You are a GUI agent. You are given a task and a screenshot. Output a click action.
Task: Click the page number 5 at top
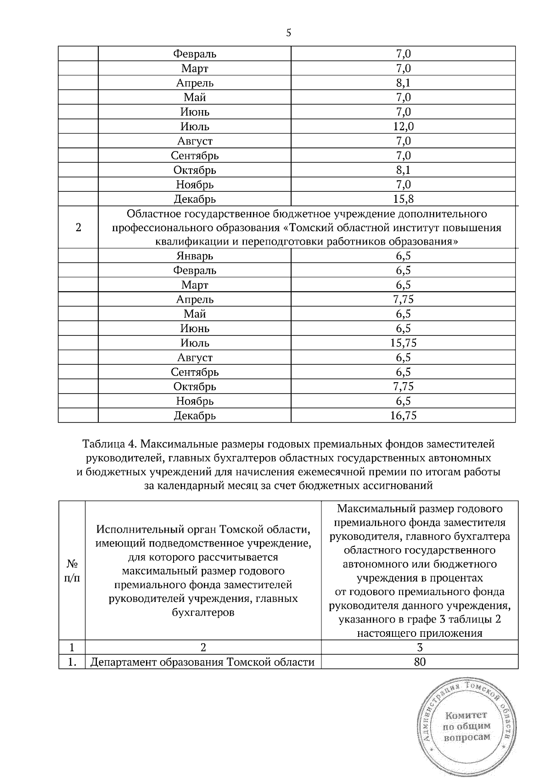click(x=288, y=33)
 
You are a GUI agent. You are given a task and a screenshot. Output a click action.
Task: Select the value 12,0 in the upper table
click(x=403, y=127)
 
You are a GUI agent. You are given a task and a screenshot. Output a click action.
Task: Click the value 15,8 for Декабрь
click(x=403, y=199)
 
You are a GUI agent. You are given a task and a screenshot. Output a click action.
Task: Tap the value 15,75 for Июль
click(x=403, y=343)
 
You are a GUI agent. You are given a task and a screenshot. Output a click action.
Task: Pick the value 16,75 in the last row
click(x=403, y=416)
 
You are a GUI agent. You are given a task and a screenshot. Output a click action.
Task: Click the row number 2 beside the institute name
click(x=78, y=228)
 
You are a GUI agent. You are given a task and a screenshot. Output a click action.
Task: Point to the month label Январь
click(x=195, y=256)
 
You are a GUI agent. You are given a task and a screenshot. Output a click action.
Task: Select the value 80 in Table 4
click(x=419, y=662)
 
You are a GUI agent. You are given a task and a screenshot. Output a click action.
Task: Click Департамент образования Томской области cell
click(x=202, y=662)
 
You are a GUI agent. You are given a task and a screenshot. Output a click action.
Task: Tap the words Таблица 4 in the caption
click(x=108, y=444)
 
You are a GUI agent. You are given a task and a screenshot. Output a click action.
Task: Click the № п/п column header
click(x=72, y=570)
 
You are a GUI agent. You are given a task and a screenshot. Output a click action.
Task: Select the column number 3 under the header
click(x=419, y=647)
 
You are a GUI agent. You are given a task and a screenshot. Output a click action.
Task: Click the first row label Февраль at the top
click(x=195, y=54)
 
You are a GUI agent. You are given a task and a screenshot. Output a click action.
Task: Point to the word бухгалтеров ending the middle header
click(x=202, y=612)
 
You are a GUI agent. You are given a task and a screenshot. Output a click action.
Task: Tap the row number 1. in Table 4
click(x=72, y=662)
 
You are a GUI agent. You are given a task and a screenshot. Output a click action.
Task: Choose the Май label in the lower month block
click(x=195, y=314)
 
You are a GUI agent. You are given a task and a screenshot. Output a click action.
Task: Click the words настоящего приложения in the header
click(x=419, y=634)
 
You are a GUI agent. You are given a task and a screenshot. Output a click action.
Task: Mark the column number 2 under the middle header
click(x=202, y=647)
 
